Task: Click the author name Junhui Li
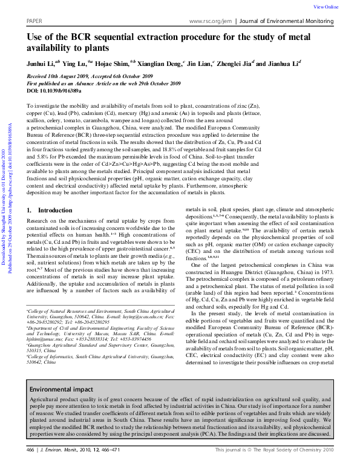42,63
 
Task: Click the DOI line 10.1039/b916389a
54,90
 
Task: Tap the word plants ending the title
94,48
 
